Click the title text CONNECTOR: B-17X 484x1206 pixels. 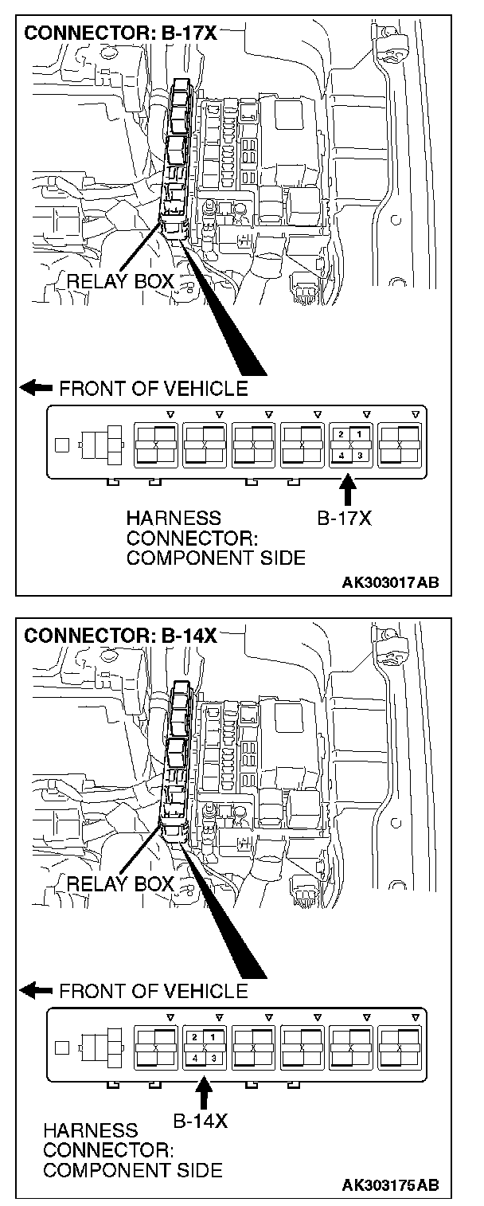120,35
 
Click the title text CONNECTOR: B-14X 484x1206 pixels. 120,636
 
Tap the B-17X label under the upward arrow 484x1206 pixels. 344,519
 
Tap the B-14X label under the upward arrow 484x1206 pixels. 201,1120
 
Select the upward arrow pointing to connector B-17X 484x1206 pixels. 348,487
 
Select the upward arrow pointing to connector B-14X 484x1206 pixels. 204,1089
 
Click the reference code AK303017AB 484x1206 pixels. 390,582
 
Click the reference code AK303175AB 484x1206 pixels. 390,1184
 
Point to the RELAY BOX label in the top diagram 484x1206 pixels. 120,280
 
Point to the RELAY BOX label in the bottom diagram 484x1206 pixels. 120,883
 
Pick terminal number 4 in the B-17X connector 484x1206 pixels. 341,456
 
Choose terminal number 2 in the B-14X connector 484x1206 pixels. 194,1036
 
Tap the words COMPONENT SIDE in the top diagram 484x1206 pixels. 215,558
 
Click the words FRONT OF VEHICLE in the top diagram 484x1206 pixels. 153,389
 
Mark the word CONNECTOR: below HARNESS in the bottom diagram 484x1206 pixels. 108,1150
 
